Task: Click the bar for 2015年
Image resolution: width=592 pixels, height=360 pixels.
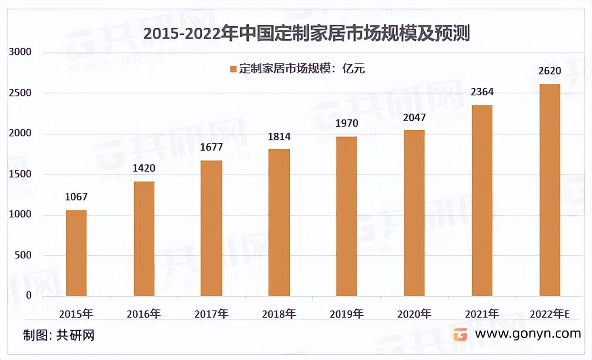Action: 76,253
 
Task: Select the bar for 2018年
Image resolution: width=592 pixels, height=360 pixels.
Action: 279,222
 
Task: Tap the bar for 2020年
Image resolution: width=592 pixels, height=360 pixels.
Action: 414,213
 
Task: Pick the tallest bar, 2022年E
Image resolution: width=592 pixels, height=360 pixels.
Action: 550,190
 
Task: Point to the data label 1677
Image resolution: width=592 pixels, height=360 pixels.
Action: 211,147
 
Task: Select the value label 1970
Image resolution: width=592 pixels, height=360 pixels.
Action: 347,123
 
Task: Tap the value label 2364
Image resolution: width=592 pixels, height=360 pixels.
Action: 482,92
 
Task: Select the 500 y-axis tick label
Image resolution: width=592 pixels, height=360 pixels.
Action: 22,255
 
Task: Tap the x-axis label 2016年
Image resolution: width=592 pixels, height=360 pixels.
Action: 144,314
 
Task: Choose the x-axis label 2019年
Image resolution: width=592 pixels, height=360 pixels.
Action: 347,314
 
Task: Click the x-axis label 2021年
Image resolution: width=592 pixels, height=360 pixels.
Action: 482,314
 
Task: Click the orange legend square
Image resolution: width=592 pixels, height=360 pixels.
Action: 233,69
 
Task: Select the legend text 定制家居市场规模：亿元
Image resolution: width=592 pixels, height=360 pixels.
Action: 302,69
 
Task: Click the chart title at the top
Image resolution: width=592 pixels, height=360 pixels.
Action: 307,34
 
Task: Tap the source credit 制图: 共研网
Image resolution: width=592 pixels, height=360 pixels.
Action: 59,335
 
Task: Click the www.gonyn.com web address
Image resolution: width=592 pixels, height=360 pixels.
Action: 528,333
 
